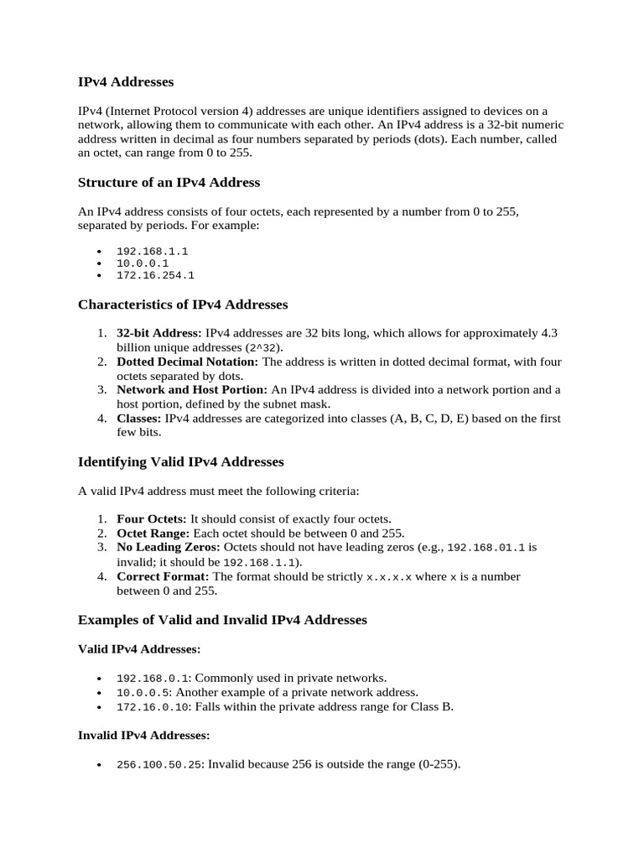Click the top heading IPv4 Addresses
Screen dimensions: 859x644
tap(126, 82)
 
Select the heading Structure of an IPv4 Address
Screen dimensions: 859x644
tap(169, 182)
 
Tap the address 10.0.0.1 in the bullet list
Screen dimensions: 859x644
tap(143, 263)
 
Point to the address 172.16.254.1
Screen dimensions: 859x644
tap(155, 274)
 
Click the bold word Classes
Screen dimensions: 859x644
tap(139, 418)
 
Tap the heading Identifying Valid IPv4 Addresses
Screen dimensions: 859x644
tap(180, 461)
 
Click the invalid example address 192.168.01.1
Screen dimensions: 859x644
tap(486, 548)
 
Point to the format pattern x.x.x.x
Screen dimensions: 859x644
tap(389, 577)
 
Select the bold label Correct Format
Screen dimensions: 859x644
tap(163, 576)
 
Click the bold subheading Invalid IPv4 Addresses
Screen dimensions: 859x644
tap(143, 735)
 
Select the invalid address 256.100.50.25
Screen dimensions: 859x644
tap(158, 764)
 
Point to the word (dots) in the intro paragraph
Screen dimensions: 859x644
tap(419, 140)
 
